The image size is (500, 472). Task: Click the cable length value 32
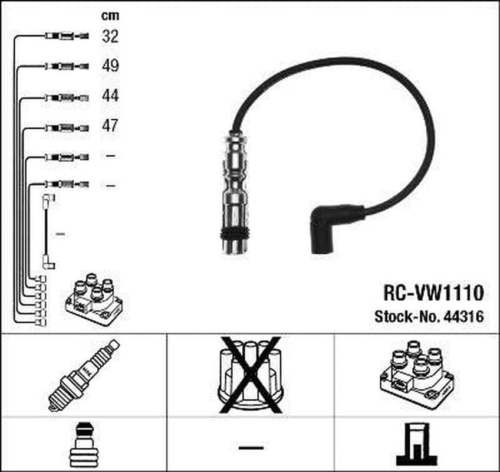click(x=110, y=37)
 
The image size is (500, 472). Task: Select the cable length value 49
click(x=110, y=65)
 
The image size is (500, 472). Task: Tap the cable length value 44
click(x=110, y=96)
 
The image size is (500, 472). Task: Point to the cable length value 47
click(x=110, y=126)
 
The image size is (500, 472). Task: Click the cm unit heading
click(x=110, y=17)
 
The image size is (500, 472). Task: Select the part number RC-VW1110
click(x=433, y=293)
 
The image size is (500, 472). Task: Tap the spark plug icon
click(x=83, y=375)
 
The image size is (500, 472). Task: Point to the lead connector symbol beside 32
click(x=66, y=37)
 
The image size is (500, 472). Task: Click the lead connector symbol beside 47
click(x=66, y=127)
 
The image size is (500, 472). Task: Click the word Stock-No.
click(x=404, y=317)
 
